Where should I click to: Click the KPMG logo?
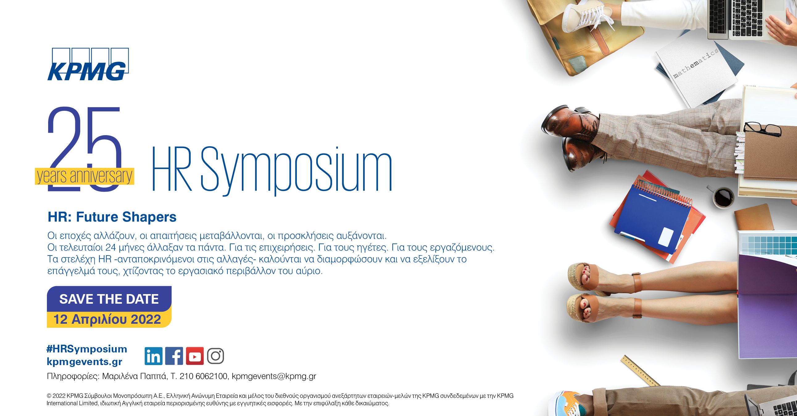point(88,64)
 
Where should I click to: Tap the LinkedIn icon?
point(153,356)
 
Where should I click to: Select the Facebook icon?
point(174,356)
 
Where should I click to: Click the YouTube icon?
point(195,356)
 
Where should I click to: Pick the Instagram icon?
point(216,356)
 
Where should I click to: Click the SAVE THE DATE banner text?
point(109,299)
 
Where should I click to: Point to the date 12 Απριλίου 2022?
point(107,319)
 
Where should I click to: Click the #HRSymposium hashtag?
point(87,349)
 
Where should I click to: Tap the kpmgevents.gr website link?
point(85,361)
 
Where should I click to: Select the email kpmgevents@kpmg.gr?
point(274,376)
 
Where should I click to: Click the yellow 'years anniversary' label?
point(84,177)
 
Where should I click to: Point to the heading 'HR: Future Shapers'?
point(112,217)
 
